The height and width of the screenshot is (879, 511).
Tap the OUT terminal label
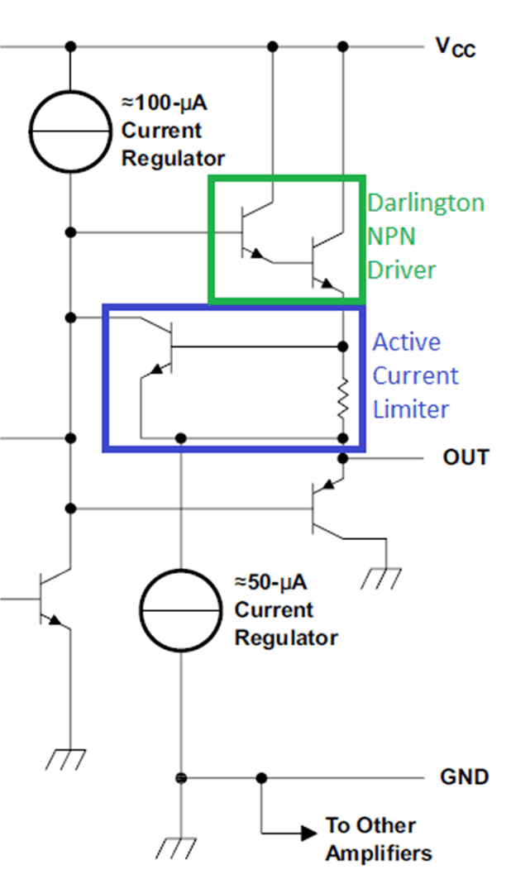[x=466, y=457]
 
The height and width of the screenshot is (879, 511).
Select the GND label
[x=466, y=777]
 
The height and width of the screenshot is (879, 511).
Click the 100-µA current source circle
[x=70, y=131]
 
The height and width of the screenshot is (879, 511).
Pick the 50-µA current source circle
[x=179, y=609]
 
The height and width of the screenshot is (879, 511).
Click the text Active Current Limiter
[x=414, y=375]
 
